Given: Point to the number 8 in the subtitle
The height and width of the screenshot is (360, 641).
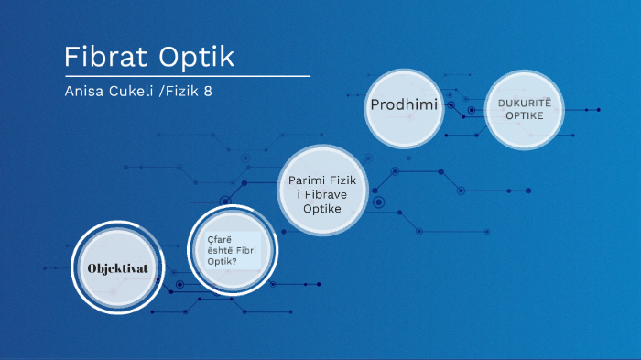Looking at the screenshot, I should pos(221,92).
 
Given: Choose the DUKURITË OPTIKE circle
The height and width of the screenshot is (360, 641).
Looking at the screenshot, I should pos(521,112).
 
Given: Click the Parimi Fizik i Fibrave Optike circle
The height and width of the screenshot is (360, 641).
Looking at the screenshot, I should pos(321,191).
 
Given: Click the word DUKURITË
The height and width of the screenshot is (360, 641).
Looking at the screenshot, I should pos(521,104).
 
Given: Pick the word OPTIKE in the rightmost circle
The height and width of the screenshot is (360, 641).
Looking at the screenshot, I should pos(521,117).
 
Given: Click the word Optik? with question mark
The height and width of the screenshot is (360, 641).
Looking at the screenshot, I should pos(221,261).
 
